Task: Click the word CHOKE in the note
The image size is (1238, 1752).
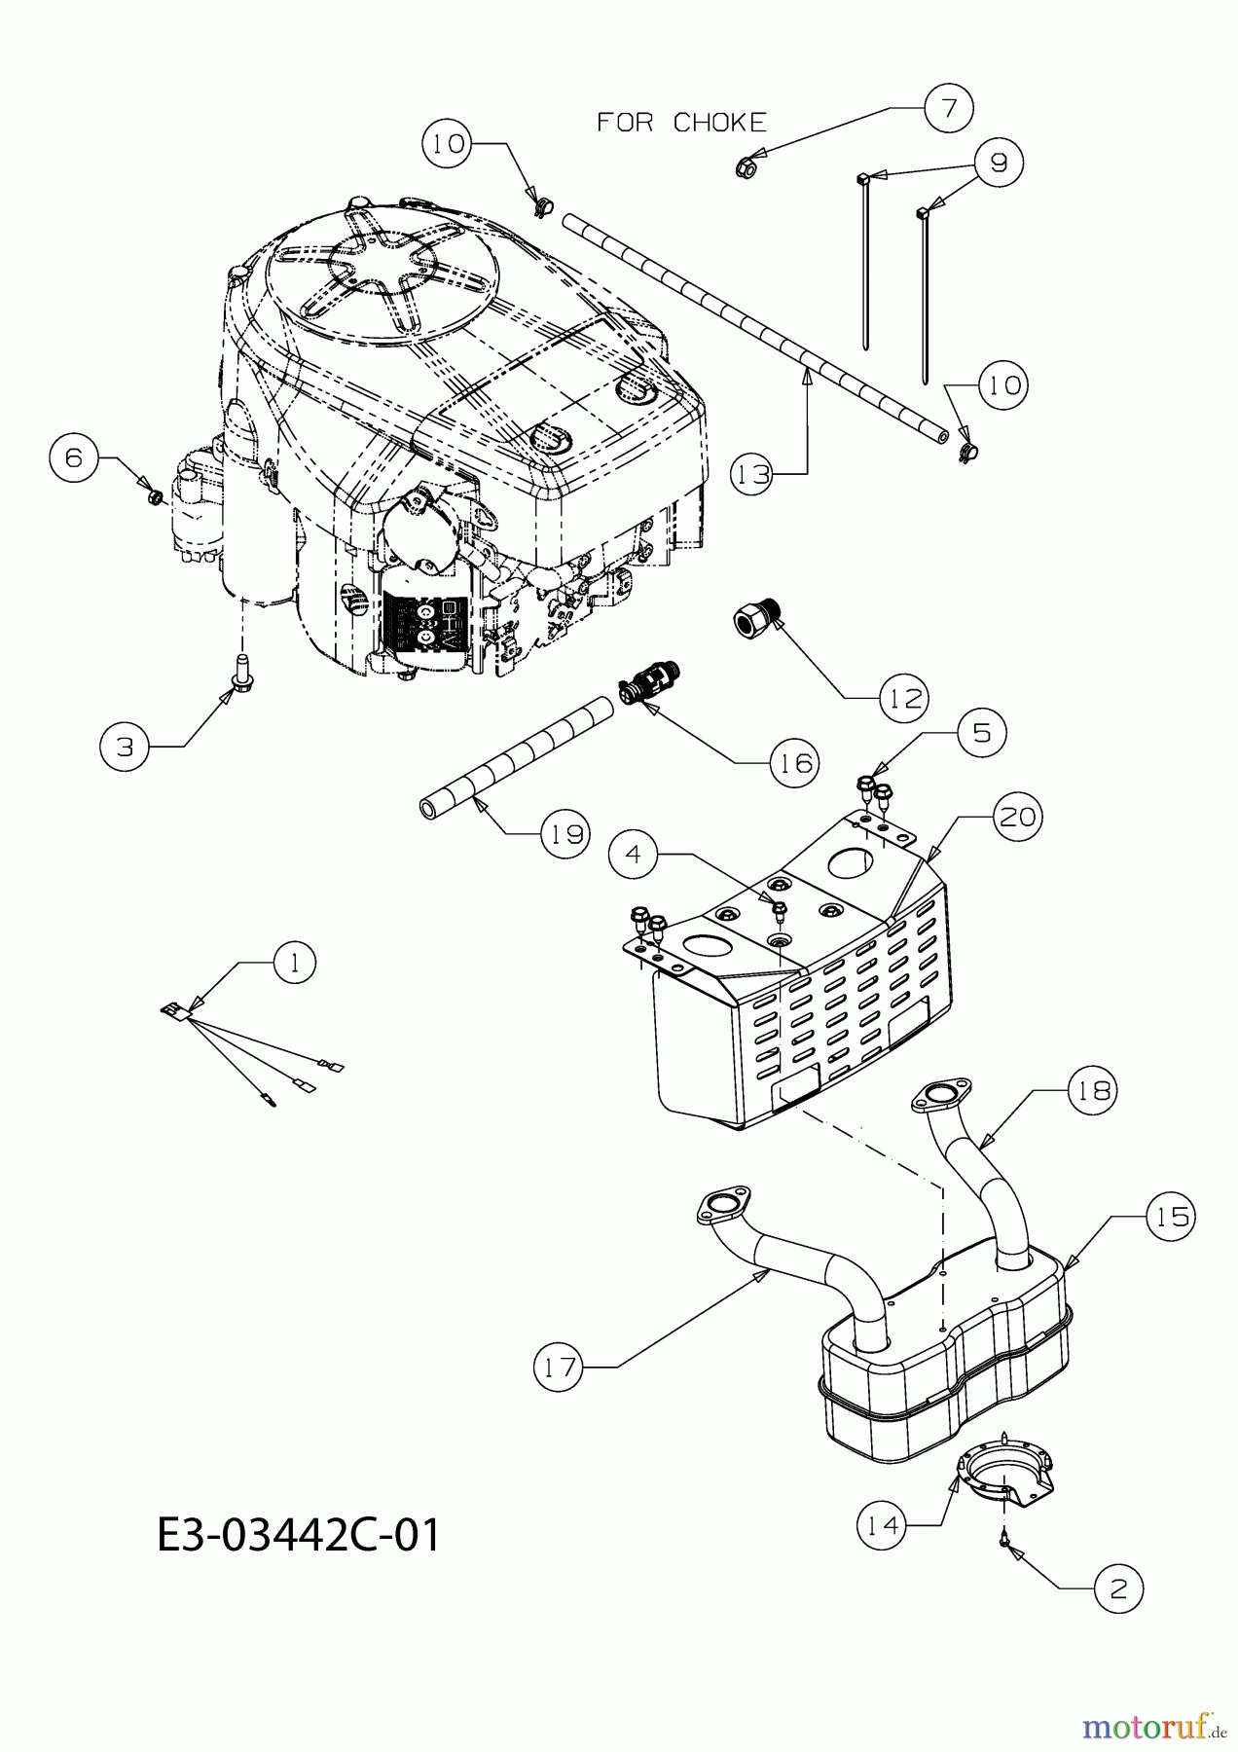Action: click(720, 123)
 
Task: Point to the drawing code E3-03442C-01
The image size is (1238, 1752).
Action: click(298, 1536)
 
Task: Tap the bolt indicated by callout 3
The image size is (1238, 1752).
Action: click(236, 673)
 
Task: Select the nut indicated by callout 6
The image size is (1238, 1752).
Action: click(152, 497)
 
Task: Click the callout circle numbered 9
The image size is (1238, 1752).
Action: click(999, 163)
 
